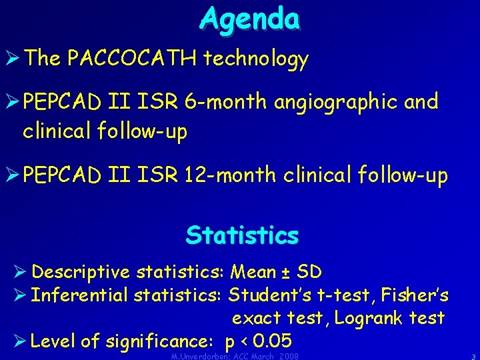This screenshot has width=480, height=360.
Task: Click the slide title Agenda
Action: click(249, 19)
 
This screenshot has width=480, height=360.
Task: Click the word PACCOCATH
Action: click(132, 59)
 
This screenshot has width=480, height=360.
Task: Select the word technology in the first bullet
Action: click(256, 59)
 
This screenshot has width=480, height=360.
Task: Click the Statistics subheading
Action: click(242, 235)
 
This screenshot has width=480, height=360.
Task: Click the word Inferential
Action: click(81, 295)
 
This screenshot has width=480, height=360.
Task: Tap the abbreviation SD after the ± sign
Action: click(309, 272)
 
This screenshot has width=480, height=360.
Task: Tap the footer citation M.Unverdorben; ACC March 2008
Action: click(234, 356)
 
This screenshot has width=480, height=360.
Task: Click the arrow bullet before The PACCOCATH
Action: click(12, 59)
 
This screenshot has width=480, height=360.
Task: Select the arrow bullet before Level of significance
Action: click(20, 341)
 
